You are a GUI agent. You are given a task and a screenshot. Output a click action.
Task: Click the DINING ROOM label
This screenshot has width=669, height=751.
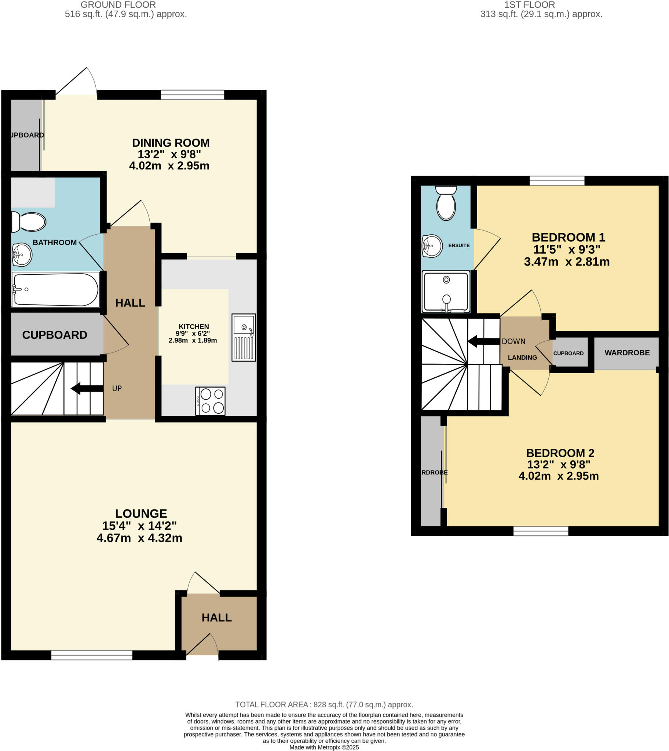(171, 143)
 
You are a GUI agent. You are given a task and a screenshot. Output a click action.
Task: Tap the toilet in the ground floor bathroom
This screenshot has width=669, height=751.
(29, 221)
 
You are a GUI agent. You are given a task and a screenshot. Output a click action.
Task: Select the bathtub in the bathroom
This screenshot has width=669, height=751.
(55, 290)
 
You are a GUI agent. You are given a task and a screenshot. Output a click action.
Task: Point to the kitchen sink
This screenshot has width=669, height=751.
(243, 337)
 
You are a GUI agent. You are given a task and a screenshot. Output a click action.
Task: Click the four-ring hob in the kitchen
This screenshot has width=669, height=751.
(210, 401)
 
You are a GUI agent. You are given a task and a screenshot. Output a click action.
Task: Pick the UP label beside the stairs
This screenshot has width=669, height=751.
(117, 388)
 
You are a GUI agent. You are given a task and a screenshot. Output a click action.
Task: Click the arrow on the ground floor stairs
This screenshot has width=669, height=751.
(87, 388)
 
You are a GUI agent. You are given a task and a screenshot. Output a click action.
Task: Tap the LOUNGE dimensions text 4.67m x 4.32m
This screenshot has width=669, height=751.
(139, 538)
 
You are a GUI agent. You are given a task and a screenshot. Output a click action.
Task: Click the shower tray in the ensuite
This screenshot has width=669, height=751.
(446, 292)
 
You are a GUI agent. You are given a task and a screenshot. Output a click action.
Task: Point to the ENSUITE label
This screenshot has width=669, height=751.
(459, 245)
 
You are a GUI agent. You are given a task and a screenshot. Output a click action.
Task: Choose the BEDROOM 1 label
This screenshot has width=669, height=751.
(568, 237)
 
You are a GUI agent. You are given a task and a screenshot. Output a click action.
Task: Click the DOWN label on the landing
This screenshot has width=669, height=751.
(513, 341)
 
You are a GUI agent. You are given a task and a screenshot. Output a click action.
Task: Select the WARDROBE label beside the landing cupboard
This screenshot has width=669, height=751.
(627, 353)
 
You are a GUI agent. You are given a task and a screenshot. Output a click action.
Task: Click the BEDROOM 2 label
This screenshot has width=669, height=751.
(560, 453)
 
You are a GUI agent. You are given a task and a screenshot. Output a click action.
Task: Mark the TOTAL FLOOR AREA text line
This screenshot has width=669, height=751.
(324, 704)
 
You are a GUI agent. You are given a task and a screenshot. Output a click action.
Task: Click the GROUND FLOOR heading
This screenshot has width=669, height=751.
(118, 5)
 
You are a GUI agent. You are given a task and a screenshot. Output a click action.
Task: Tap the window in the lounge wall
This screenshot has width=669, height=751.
(92, 655)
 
